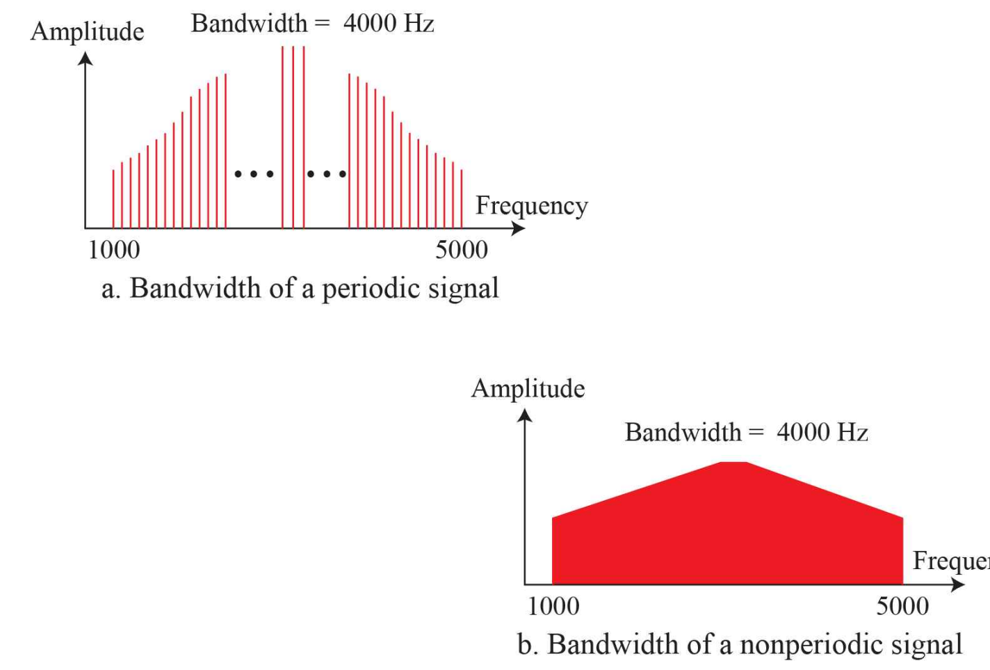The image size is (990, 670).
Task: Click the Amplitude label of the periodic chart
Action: tap(87, 31)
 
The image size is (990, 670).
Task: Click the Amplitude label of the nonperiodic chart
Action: tap(528, 388)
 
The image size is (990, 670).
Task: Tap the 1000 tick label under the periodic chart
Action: tap(114, 250)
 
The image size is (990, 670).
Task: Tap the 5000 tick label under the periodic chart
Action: tap(462, 250)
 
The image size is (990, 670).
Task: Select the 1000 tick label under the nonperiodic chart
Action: tap(553, 606)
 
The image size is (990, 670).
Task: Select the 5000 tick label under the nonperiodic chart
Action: tap(902, 606)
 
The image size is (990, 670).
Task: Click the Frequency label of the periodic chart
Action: tap(531, 206)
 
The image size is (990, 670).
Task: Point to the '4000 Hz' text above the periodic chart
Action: tap(389, 24)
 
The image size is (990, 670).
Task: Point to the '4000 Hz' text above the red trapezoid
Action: tap(822, 432)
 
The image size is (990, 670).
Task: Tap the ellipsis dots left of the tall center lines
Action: tap(254, 174)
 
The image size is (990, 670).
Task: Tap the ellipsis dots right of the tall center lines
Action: tap(327, 174)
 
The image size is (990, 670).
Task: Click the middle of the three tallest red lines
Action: tap(293, 139)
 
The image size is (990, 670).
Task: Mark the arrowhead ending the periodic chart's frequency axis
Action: tap(518, 228)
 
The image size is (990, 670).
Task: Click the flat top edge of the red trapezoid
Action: tap(733, 463)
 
